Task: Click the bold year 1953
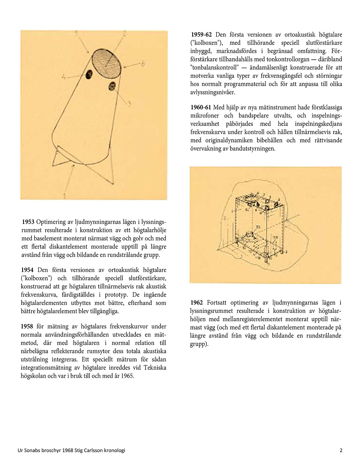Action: (28, 222)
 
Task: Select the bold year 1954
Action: (27, 270)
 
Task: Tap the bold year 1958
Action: (27, 327)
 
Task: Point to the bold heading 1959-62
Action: (201, 35)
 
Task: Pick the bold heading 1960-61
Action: (201, 108)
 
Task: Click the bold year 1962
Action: (196, 303)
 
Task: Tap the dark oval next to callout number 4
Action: (89, 74)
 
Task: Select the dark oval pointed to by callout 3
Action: (112, 86)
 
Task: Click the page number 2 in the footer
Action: (341, 450)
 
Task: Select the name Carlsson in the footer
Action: (93, 450)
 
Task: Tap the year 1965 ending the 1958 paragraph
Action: (127, 376)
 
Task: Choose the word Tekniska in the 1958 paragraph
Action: (155, 368)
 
